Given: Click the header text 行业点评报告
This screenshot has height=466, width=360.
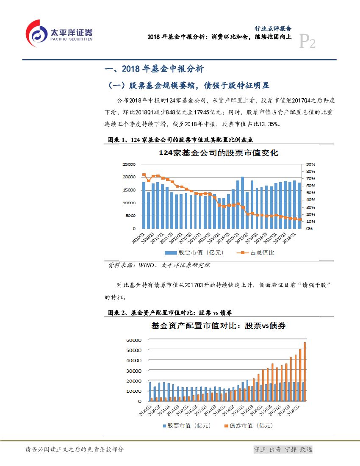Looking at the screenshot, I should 273,29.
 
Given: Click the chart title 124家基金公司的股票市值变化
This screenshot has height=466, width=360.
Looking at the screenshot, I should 219,153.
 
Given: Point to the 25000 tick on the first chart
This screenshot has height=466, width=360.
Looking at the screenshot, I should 129,164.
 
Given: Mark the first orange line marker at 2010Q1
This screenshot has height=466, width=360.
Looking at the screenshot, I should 144,175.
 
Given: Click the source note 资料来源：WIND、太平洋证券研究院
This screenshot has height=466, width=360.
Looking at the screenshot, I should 159,266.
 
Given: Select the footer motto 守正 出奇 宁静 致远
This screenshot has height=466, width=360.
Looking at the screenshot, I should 283,449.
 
